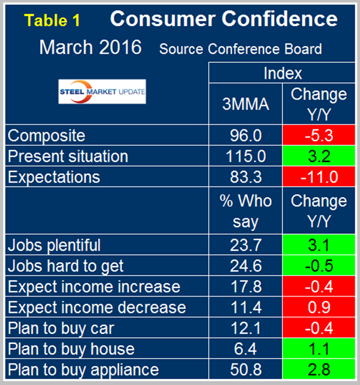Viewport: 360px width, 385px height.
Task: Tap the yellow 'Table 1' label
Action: (x=54, y=20)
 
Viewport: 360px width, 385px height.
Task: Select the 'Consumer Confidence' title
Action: (x=224, y=19)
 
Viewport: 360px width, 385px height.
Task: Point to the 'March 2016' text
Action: (x=90, y=48)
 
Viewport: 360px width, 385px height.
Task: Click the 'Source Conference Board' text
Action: (x=240, y=49)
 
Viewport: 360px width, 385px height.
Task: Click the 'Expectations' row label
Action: (x=54, y=177)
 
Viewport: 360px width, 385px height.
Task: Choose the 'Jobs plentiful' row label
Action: (x=54, y=245)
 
